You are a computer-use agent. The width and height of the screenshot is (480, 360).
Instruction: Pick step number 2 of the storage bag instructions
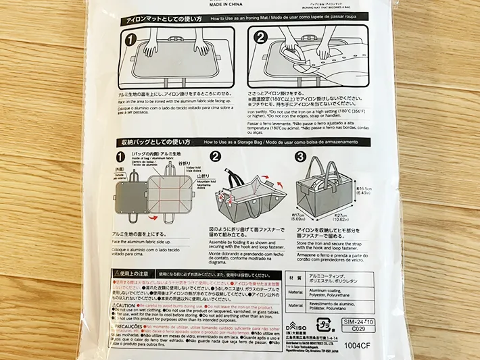(x=216, y=158)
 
